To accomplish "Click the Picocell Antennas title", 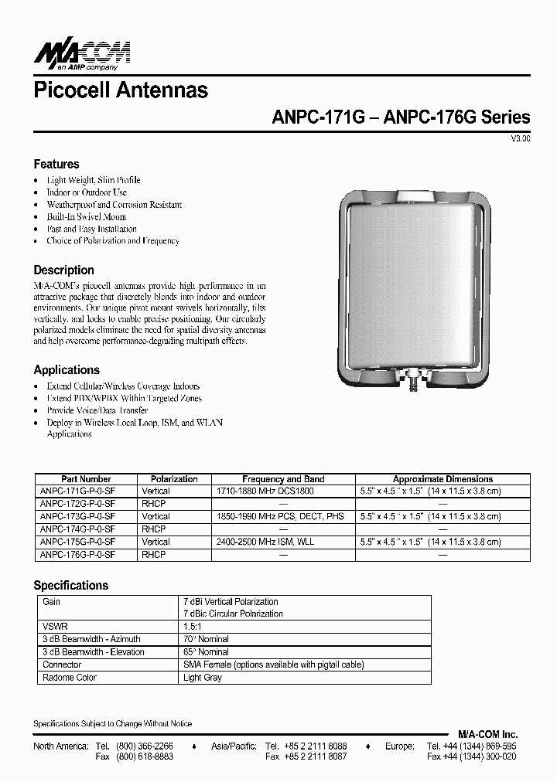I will tap(121, 90).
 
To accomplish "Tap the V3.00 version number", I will tap(520, 139).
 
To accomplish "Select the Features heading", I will tap(56, 164).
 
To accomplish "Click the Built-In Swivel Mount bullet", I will tap(86, 216).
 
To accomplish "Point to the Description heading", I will tap(64, 270).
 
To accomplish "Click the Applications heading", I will tap(67, 370).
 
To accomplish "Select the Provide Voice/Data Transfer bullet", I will tap(97, 410).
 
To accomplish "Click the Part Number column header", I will tap(86, 479).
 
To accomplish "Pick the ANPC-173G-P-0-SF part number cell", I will tap(77, 516).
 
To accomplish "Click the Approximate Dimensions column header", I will tap(443, 479).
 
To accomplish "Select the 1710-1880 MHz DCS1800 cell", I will tap(264, 491).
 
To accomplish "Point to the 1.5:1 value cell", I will tap(192, 627).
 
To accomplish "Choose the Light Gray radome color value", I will tap(203, 678).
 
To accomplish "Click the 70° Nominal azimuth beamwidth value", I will tap(206, 639).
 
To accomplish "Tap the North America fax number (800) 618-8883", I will tap(145, 757).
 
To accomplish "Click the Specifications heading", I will tap(71, 586).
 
